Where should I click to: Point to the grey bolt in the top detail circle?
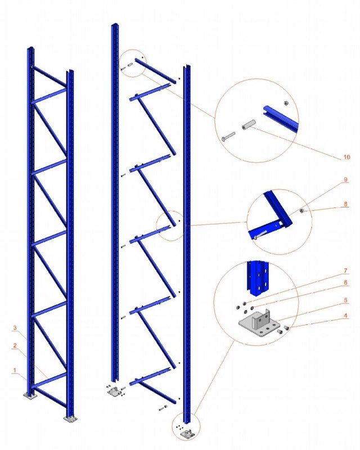click(228, 136)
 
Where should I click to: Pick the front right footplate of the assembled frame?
click(70, 419)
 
